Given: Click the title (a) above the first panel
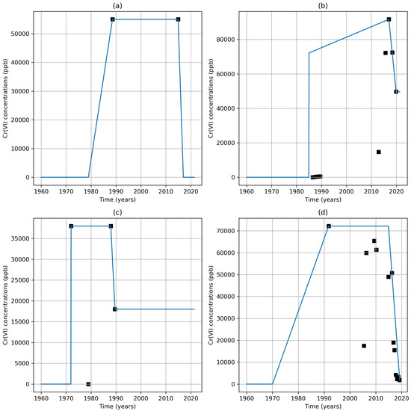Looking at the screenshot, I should (x=117, y=5).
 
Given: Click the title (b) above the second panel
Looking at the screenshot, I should (x=323, y=5).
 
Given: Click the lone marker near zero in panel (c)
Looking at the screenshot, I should (x=88, y=384).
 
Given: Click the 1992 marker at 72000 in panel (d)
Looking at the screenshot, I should (x=328, y=226).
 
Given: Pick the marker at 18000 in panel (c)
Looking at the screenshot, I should (x=115, y=309).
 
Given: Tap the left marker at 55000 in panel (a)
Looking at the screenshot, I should (x=113, y=19).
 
